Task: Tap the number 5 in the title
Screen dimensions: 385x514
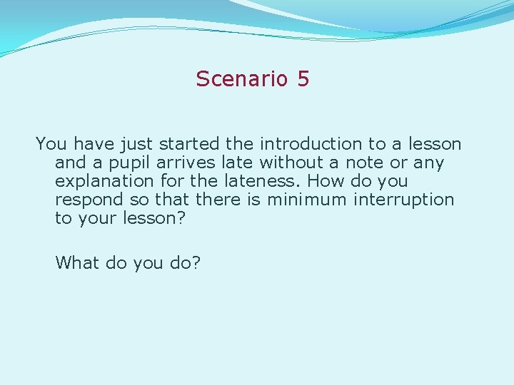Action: pos(303,79)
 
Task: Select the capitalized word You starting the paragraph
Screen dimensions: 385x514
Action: pos(51,144)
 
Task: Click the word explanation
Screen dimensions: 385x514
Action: pos(104,182)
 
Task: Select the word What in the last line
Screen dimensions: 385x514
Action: pos(78,262)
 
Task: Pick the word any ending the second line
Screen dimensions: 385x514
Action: pos(428,163)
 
